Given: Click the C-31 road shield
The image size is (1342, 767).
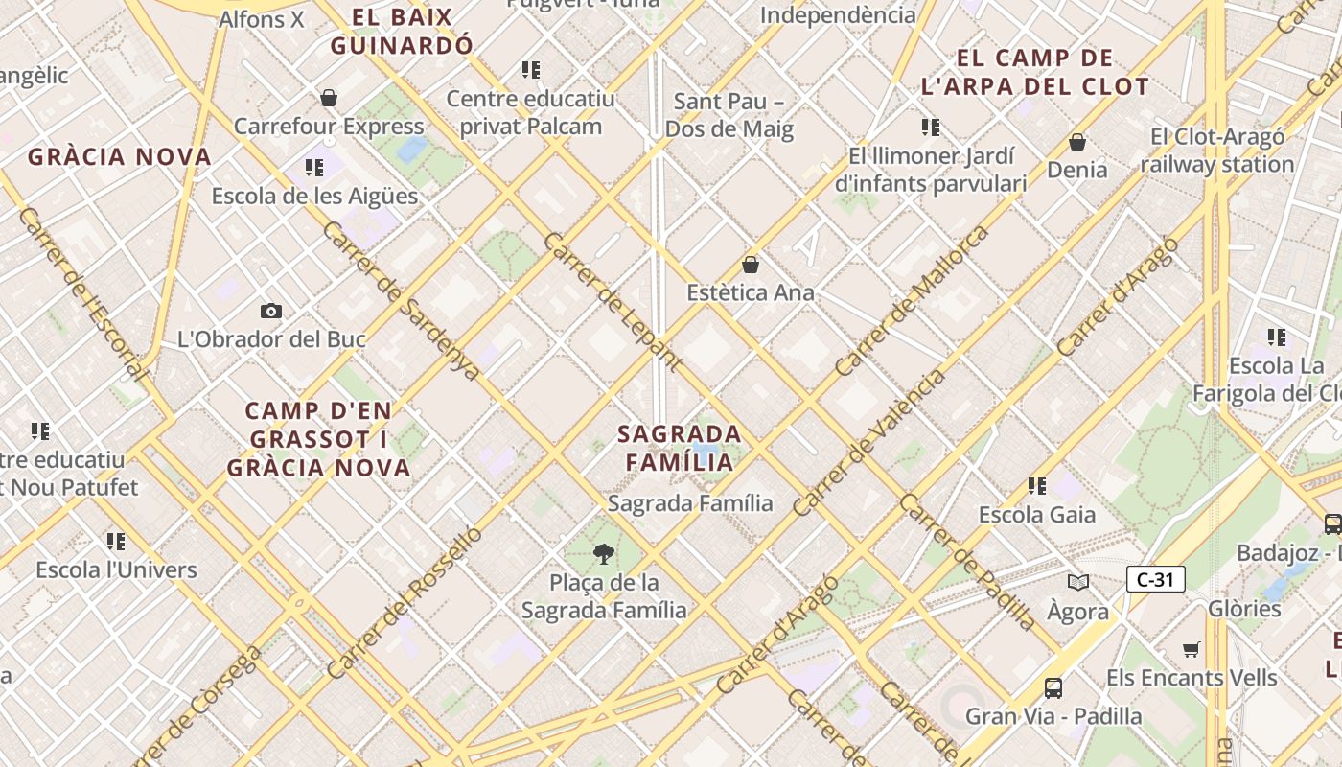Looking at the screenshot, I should click(1155, 579).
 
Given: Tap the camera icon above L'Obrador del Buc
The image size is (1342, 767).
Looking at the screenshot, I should click(271, 311).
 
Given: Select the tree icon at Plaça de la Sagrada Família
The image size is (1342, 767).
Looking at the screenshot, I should click(603, 552).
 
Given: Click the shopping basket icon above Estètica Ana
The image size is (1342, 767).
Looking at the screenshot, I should click(751, 264).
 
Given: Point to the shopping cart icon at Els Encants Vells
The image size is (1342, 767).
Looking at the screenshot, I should click(1192, 649).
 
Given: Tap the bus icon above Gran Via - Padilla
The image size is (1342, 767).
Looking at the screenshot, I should click(1053, 687).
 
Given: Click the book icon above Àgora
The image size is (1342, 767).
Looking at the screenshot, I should click(1078, 582).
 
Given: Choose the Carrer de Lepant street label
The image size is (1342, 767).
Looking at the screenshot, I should click(613, 301).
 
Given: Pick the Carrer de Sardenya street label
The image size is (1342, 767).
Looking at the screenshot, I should click(401, 300).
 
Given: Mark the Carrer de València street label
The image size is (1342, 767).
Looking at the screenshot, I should click(868, 443).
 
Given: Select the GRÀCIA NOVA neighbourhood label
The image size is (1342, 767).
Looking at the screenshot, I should click(120, 157).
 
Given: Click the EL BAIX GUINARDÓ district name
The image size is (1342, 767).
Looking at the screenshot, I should click(402, 31).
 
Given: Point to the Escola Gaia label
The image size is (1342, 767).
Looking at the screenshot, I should click(1036, 515).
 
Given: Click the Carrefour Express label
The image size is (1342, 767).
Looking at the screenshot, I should click(329, 127).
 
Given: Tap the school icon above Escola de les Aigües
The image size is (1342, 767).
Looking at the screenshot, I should click(314, 168).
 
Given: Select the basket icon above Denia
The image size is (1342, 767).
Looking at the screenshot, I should click(1077, 142).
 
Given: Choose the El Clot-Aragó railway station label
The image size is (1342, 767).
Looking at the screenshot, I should click(1217, 151).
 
